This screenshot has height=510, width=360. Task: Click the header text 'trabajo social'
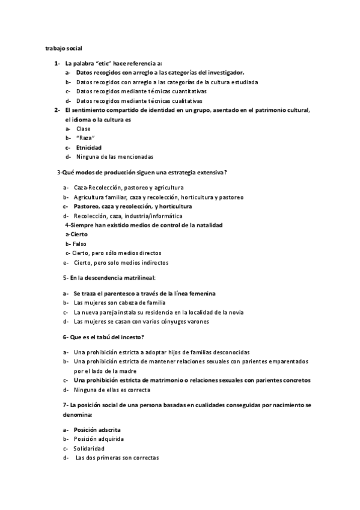click(64, 48)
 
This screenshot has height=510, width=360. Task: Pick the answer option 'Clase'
click(84, 129)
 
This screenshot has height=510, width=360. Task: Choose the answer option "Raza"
click(85, 138)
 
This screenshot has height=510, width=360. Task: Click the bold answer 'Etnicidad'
click(89, 147)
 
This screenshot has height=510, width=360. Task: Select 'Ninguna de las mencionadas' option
click(111, 156)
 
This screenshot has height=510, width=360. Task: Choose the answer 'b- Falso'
click(76, 244)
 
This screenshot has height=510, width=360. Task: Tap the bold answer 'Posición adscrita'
click(97, 430)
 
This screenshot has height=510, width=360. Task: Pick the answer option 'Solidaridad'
click(89, 449)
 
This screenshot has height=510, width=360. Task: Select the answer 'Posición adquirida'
click(99, 439)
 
